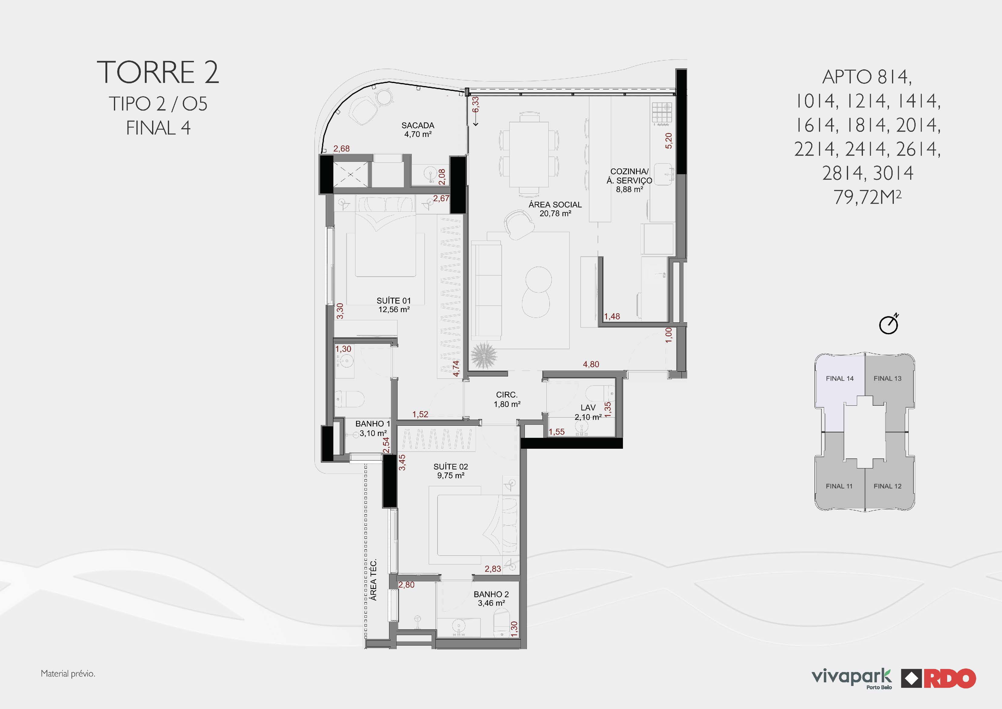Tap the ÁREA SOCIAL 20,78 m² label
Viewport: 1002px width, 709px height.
pos(555,209)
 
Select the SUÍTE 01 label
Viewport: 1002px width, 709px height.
pos(394,305)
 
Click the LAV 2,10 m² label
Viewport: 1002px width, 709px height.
pos(588,412)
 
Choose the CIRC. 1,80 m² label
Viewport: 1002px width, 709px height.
pos(507,399)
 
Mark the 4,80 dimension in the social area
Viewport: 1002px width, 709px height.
pos(591,364)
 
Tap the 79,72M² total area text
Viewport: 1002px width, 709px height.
pos(867,197)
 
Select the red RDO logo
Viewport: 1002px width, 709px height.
pos(939,678)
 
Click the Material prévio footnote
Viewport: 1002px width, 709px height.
pos(68,674)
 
